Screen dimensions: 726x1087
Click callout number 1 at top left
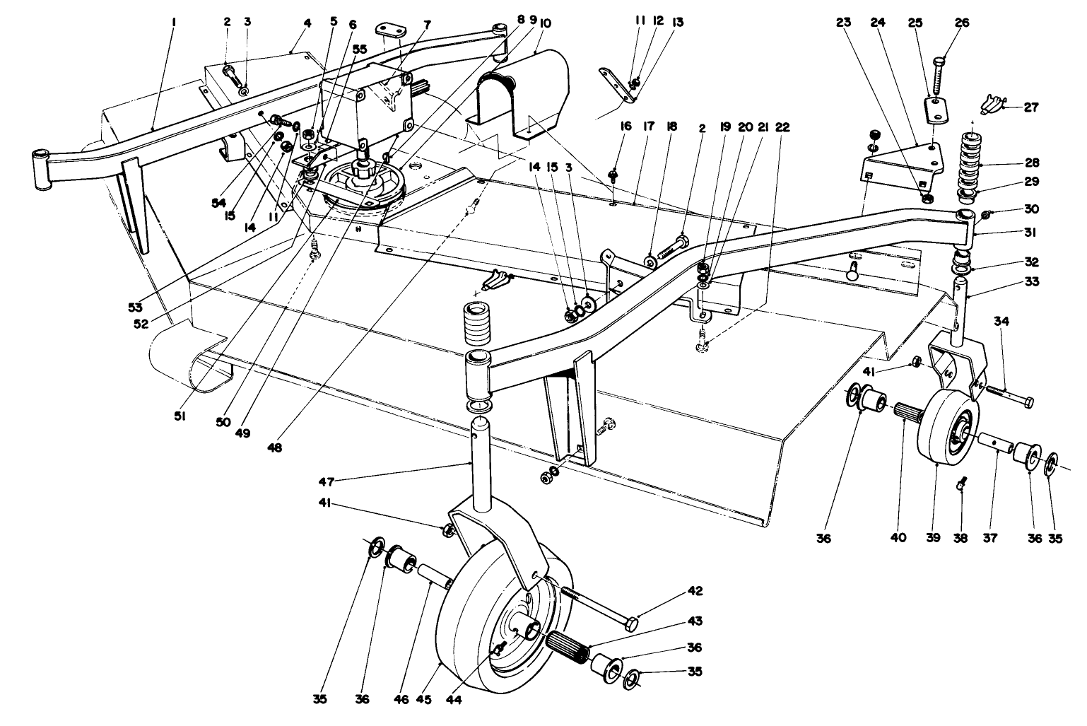tap(173, 23)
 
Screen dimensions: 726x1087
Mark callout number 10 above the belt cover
tap(545, 23)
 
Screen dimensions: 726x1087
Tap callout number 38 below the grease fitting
tap(960, 538)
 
